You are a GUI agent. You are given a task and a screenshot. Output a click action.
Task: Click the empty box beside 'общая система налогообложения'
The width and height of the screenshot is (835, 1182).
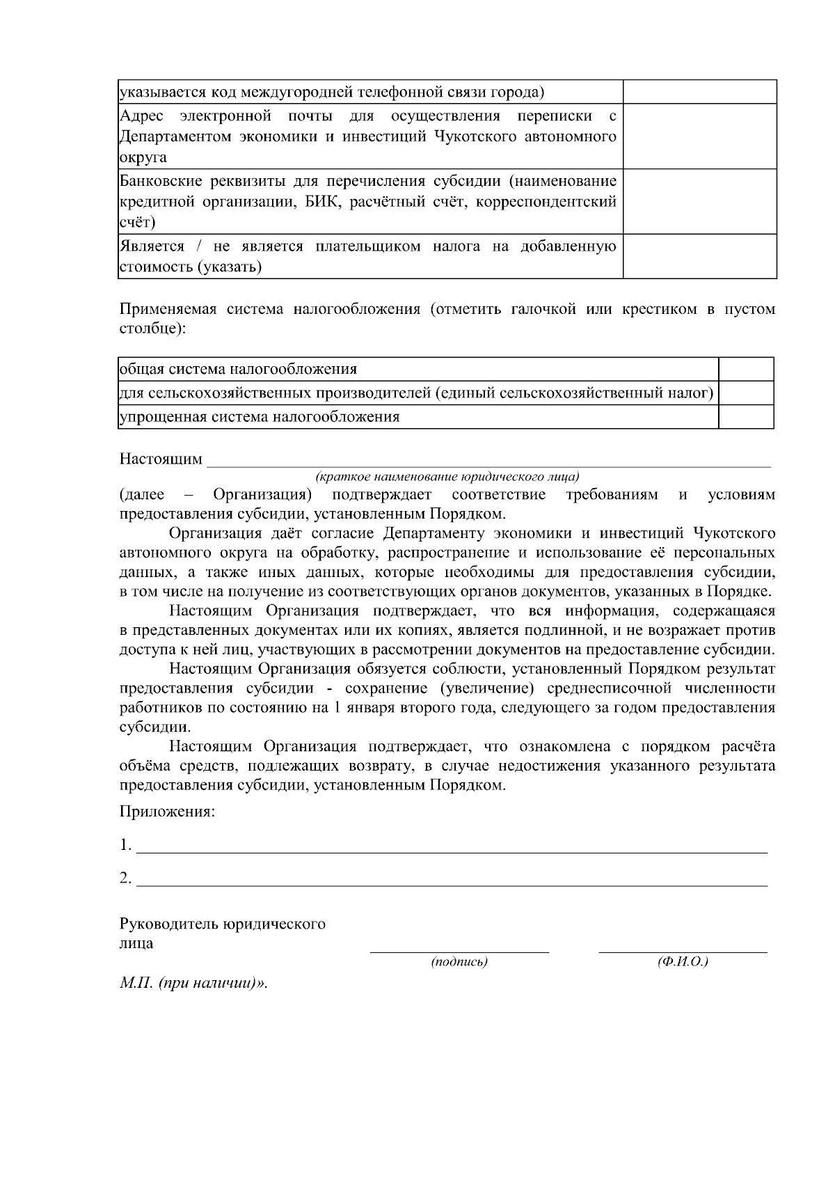tap(746, 369)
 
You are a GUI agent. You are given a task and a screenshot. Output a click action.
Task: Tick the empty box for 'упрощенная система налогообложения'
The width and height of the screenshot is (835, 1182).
tap(746, 417)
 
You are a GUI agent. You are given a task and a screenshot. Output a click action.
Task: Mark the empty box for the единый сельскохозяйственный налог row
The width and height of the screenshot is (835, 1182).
tap(746, 393)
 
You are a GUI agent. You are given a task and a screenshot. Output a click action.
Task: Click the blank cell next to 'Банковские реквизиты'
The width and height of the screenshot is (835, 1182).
tap(699, 201)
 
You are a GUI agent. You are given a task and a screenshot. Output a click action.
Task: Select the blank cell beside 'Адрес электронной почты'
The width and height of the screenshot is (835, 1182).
tap(699, 136)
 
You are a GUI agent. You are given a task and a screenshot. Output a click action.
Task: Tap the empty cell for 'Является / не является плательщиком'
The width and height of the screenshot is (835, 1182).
tap(699, 256)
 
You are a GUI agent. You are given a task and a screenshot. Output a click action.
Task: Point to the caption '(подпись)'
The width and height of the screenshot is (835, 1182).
tap(459, 962)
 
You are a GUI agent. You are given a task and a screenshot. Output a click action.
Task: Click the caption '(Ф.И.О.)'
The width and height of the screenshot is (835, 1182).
tap(683, 962)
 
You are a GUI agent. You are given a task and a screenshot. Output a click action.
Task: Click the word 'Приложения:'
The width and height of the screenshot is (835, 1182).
tap(167, 812)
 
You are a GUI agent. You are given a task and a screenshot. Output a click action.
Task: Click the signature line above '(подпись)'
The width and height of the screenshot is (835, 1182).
tap(459, 949)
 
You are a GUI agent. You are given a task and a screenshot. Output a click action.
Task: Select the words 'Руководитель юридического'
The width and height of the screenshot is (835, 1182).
tap(223, 924)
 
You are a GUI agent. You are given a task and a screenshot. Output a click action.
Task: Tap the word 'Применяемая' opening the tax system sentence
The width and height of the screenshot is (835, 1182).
tap(168, 309)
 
